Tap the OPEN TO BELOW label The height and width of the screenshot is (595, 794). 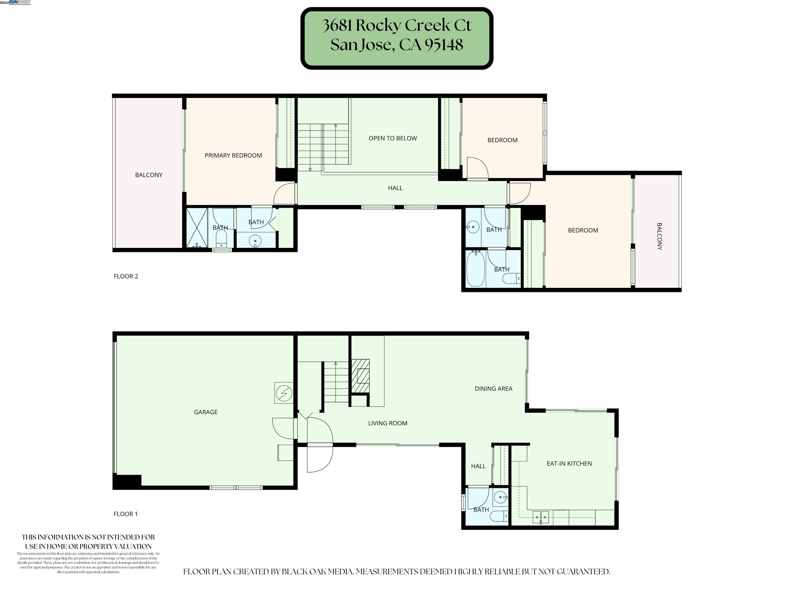(x=392, y=138)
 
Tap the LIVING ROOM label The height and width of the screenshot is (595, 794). (x=387, y=423)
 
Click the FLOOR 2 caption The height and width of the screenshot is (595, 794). (x=126, y=276)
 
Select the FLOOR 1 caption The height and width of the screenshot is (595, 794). (x=126, y=514)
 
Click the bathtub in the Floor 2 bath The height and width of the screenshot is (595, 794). (x=476, y=269)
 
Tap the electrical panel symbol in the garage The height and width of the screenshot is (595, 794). (x=284, y=393)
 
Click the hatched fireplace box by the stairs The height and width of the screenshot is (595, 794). (x=360, y=376)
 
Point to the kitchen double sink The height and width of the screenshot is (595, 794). (x=541, y=517)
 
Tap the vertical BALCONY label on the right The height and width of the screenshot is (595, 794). (x=659, y=236)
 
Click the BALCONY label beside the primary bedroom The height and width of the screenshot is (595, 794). (x=149, y=175)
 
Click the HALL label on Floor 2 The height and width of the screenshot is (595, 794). (x=395, y=188)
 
